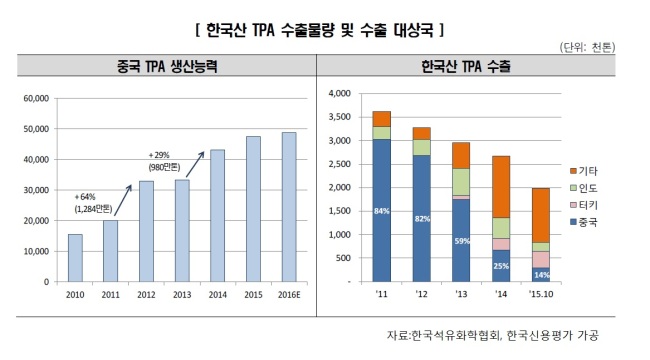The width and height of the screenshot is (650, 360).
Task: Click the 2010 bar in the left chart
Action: click(75, 258)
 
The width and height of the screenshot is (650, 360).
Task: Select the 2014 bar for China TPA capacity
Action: click(217, 216)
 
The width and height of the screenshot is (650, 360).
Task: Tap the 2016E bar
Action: click(289, 207)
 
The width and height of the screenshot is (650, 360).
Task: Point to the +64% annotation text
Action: click(85, 197)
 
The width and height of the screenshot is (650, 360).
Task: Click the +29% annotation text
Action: click(159, 155)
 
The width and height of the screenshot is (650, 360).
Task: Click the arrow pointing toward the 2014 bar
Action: click(195, 164)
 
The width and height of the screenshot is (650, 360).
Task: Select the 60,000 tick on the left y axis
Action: click(36, 98)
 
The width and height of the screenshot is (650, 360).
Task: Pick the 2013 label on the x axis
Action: click(182, 294)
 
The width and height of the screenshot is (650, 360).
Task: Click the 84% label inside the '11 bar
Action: click(381, 211)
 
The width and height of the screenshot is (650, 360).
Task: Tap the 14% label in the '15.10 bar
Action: click(541, 275)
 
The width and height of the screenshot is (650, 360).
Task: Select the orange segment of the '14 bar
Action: click(501, 187)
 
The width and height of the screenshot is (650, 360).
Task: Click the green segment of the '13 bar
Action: click(461, 182)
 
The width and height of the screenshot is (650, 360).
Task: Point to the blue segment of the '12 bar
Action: click(422, 219)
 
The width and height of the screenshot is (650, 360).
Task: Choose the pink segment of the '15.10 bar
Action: click(541, 260)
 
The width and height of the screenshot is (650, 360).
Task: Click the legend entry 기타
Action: click(584, 171)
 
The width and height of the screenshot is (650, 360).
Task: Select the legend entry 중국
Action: click(584, 222)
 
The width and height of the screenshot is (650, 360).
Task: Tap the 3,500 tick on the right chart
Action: click(340, 117)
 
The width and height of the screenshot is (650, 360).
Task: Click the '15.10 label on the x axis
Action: click(541, 294)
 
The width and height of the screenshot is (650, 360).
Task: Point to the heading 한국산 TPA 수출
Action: click(466, 66)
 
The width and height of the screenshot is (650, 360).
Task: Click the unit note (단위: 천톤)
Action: click(587, 47)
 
